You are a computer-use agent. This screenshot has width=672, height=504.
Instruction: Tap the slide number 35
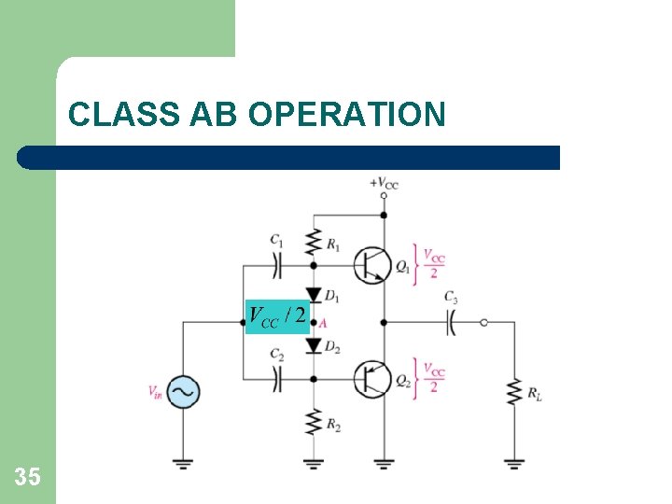(x=28, y=478)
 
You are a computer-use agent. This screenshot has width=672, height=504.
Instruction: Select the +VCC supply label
(x=384, y=184)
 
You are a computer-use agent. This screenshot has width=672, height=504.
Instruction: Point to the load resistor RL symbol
(x=513, y=392)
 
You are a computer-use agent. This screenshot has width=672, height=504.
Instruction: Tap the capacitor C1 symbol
(x=277, y=266)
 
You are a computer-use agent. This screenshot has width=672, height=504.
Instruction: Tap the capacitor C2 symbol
(x=277, y=379)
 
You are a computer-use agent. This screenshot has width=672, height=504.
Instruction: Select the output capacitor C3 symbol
(x=450, y=323)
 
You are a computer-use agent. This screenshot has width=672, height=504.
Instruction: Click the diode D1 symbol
(x=314, y=296)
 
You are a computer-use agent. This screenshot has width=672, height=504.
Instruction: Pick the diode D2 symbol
(x=314, y=347)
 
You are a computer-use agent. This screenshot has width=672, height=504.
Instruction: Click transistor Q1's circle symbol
(x=372, y=266)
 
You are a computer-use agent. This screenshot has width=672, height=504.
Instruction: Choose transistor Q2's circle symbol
(x=372, y=379)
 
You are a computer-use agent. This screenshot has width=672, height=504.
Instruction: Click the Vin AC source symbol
(x=183, y=392)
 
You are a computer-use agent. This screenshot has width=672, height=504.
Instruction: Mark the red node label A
(x=322, y=323)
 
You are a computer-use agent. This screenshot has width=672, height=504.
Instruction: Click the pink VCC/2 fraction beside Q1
(x=434, y=263)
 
